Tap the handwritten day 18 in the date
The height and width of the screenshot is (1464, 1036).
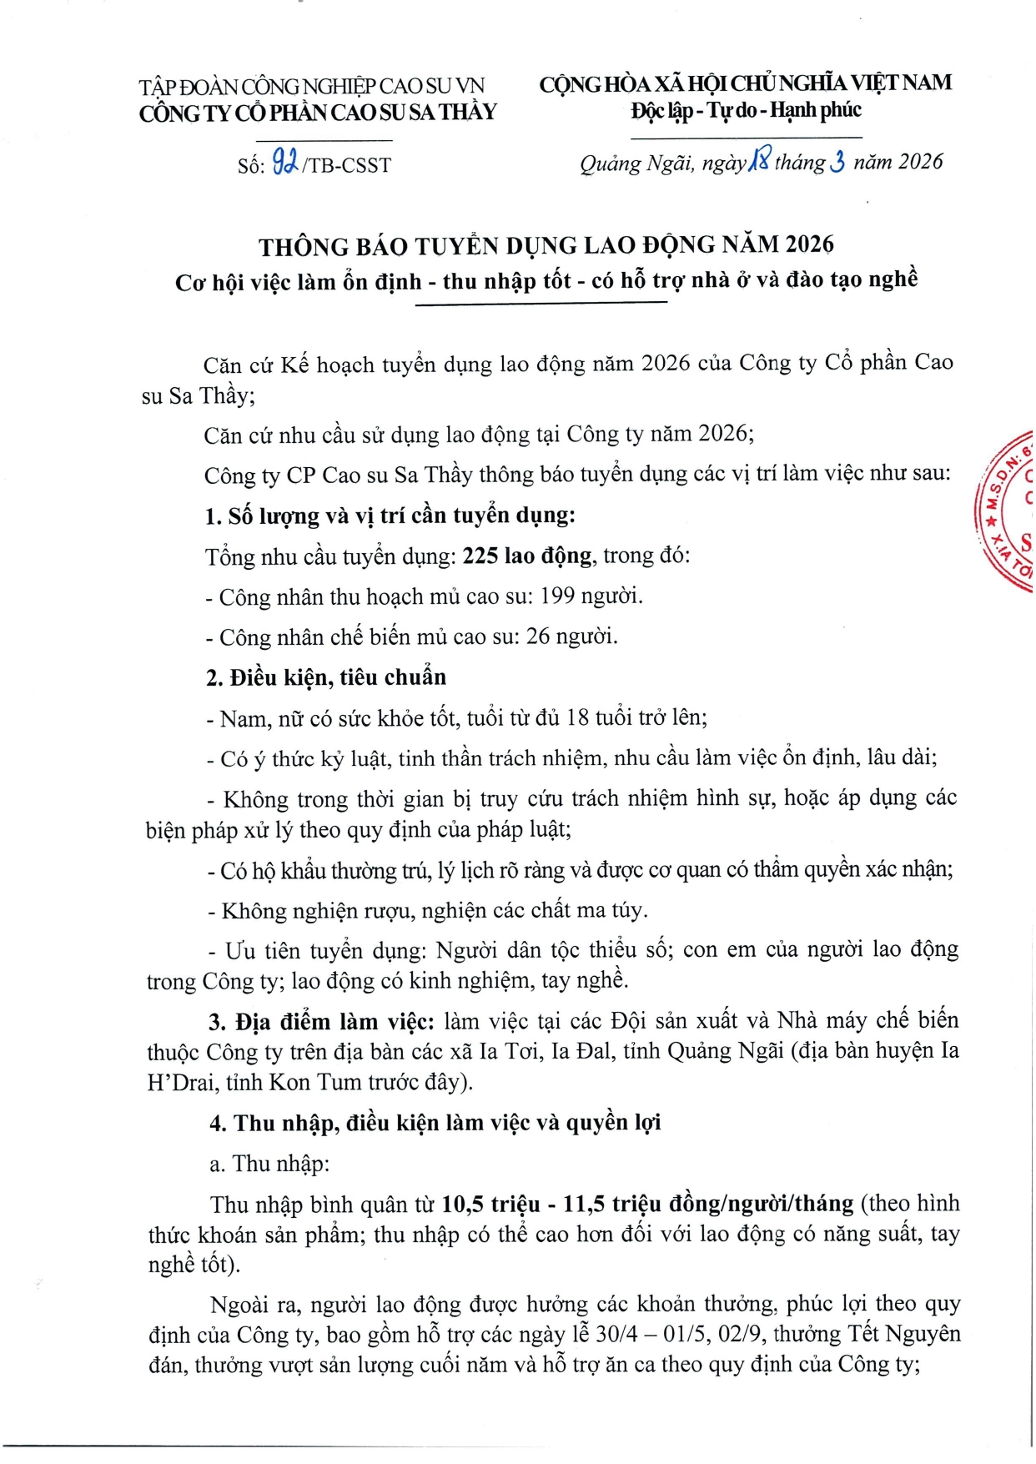click(759, 158)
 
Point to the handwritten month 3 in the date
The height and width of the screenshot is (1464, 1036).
click(837, 161)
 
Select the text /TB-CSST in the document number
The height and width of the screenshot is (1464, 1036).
click(347, 165)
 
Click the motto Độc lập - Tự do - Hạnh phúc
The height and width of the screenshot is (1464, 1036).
click(746, 110)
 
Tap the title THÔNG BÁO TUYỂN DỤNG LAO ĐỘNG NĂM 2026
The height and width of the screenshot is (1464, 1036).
click(546, 245)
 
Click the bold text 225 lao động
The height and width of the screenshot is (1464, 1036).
click(527, 556)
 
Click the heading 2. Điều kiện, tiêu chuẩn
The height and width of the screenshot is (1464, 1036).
click(326, 677)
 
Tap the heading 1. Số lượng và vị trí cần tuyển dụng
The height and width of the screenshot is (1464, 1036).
click(390, 516)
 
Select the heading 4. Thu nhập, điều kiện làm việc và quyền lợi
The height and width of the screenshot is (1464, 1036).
click(435, 1123)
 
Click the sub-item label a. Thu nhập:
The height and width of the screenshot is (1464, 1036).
click(269, 1164)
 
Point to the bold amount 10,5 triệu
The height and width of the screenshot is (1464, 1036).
click(490, 1204)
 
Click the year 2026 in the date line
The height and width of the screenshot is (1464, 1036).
click(921, 161)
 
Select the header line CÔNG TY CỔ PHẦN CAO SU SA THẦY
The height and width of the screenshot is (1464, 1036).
click(318, 113)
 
